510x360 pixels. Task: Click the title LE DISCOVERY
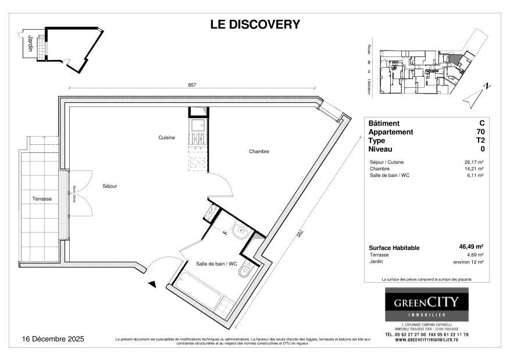coord(255,24)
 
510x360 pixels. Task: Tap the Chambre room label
coord(259,152)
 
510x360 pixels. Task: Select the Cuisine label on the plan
coord(167,138)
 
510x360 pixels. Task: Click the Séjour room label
coord(109,186)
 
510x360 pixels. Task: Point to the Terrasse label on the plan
coord(42,199)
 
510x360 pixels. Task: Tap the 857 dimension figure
coord(192,85)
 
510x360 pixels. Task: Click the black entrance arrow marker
coord(153,284)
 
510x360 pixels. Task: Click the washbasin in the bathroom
coord(240,233)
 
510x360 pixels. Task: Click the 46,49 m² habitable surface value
coord(472,247)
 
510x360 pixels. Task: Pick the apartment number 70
coord(480,132)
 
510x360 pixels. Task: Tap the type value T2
coord(480,141)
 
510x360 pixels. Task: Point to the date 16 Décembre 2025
coord(53,338)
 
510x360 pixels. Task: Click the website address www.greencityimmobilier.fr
coord(426,341)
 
